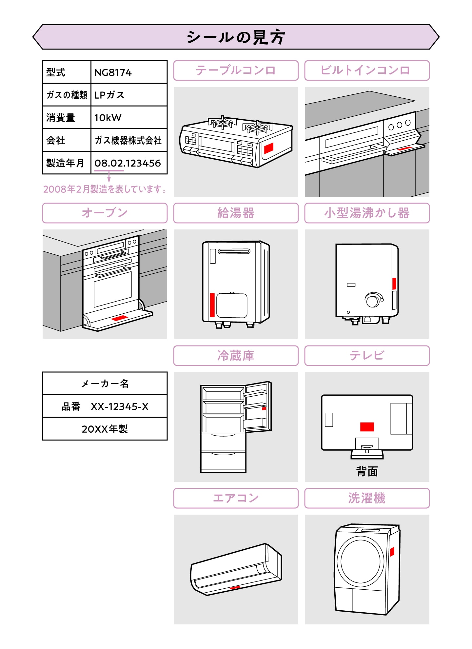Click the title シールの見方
point(236,37)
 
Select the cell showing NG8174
point(128,72)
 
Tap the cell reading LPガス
point(128,95)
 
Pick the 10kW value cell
point(128,117)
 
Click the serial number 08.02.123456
point(128,163)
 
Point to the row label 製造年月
point(66,163)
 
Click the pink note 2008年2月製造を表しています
point(105,189)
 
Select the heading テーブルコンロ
point(236,70)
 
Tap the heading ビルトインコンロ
point(367,70)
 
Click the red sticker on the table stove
point(268,148)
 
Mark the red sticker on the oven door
point(119,318)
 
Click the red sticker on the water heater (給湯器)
point(212,305)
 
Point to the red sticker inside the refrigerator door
point(264,408)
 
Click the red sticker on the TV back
point(367,427)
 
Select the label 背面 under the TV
point(367,471)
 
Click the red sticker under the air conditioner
point(235,588)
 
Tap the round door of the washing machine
point(360,561)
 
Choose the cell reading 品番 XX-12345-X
point(105,406)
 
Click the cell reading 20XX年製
point(105,429)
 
